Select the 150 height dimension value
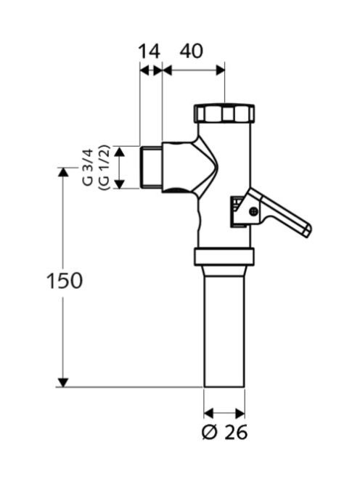click(x=65, y=280)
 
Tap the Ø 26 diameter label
click(x=224, y=433)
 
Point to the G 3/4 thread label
click(x=88, y=167)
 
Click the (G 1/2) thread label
click(x=104, y=168)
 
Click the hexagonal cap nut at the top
click(x=224, y=113)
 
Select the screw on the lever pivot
click(x=253, y=211)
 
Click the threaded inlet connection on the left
click(x=151, y=168)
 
